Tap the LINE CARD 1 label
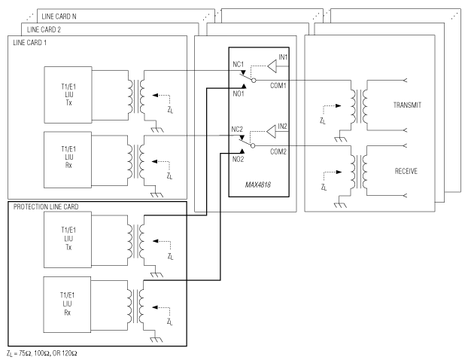pyautogui.click(x=31, y=42)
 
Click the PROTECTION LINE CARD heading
pyautogui.click(x=46, y=206)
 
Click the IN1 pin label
pyautogui.click(x=283, y=58)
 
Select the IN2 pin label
pyautogui.click(x=282, y=126)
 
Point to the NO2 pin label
pyautogui.click(x=238, y=160)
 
